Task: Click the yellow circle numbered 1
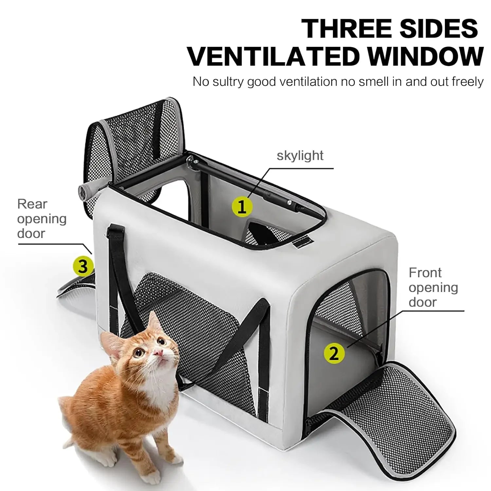coord(242,207)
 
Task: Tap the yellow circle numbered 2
coord(334,353)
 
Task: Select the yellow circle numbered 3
coord(83,266)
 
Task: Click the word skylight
coord(300,155)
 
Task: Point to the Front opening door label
coord(433,287)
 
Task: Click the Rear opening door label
coord(42,219)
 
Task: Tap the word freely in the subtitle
coord(467,82)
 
